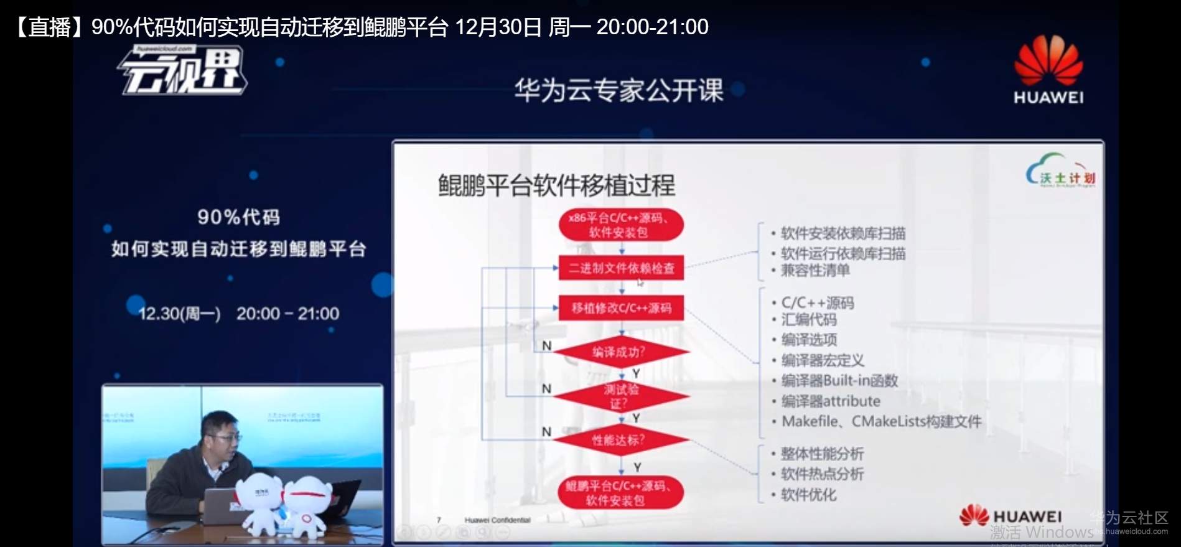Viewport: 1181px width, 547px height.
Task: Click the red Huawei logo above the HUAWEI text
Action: (1048, 60)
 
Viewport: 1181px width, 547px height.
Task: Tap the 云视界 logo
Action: (184, 72)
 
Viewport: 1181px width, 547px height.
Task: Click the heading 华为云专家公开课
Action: (619, 91)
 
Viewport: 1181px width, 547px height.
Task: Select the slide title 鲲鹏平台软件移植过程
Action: (556, 185)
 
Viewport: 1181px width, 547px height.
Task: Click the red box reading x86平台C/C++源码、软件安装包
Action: (620, 225)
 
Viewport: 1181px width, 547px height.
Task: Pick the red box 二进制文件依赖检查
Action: (621, 268)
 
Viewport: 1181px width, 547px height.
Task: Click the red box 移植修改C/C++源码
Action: (621, 308)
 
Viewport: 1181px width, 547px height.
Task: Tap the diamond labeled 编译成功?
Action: (620, 352)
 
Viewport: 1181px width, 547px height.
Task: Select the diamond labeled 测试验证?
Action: (620, 396)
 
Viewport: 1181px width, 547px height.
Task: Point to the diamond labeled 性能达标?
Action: (620, 441)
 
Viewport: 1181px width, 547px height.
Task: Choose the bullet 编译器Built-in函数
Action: (839, 381)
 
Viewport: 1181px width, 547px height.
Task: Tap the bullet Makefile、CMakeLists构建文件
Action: (881, 422)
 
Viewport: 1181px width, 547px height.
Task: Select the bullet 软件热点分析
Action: (822, 474)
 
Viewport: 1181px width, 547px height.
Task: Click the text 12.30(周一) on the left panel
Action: (179, 314)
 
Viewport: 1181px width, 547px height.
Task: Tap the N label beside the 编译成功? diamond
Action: (546, 346)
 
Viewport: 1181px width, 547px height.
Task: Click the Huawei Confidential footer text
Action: (497, 520)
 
